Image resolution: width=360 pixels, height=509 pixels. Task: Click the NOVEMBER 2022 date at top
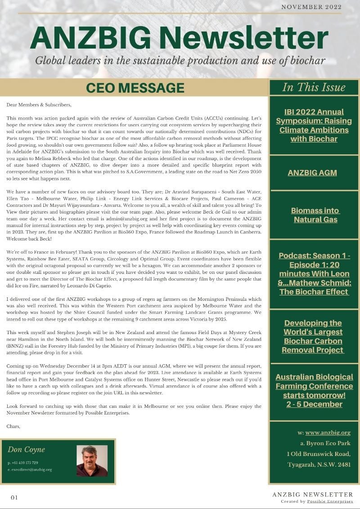point(311,7)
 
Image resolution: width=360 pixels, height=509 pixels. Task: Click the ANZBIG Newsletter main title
point(179,39)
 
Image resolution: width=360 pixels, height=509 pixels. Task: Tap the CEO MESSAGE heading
point(135,87)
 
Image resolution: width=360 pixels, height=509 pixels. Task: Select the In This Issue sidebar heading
point(314,87)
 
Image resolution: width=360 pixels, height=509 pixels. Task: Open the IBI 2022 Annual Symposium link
point(314,125)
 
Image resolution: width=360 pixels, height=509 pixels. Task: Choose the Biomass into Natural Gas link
point(315,215)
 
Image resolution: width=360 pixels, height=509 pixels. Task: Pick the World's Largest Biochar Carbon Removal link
point(313,336)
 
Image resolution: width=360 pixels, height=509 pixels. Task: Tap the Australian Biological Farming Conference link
point(314,390)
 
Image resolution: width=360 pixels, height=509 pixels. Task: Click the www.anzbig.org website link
point(328,433)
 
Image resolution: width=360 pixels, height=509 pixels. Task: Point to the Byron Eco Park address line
point(325,443)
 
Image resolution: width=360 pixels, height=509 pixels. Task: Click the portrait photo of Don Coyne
point(92,460)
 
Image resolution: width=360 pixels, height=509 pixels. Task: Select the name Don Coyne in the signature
point(26,449)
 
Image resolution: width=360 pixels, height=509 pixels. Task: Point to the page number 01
point(14,497)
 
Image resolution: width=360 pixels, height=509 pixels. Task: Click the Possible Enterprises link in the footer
point(330,501)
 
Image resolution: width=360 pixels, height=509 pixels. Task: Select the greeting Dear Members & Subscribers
point(39,105)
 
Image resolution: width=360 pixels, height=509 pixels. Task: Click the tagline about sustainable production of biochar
point(180,61)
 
